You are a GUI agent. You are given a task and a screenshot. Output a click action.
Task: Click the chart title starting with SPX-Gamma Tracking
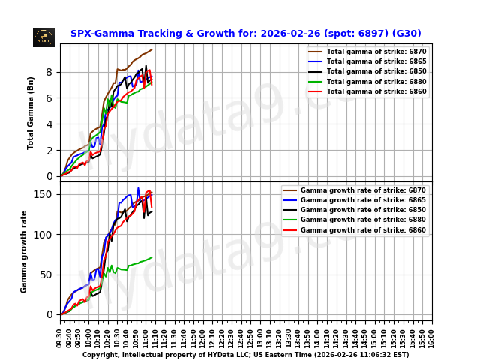click(x=245, y=34)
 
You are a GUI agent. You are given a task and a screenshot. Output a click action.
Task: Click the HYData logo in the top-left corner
click(x=43, y=37)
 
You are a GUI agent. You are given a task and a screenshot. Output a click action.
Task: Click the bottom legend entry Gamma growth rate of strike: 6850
click(x=363, y=210)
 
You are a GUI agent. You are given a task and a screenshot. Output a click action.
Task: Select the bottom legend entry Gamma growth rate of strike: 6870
click(x=363, y=190)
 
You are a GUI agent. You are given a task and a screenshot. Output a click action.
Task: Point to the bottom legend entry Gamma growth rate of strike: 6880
click(x=363, y=220)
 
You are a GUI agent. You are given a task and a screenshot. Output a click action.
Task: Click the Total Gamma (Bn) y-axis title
click(x=31, y=112)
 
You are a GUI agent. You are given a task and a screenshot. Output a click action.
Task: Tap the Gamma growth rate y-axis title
click(x=24, y=251)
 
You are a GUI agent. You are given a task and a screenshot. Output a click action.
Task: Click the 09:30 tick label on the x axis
click(x=60, y=337)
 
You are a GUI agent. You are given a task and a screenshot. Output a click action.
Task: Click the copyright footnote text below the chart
click(x=245, y=355)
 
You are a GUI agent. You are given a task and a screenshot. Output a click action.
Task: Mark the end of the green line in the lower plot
click(x=152, y=257)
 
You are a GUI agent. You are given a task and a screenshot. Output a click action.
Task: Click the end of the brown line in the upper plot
click(x=152, y=49)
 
